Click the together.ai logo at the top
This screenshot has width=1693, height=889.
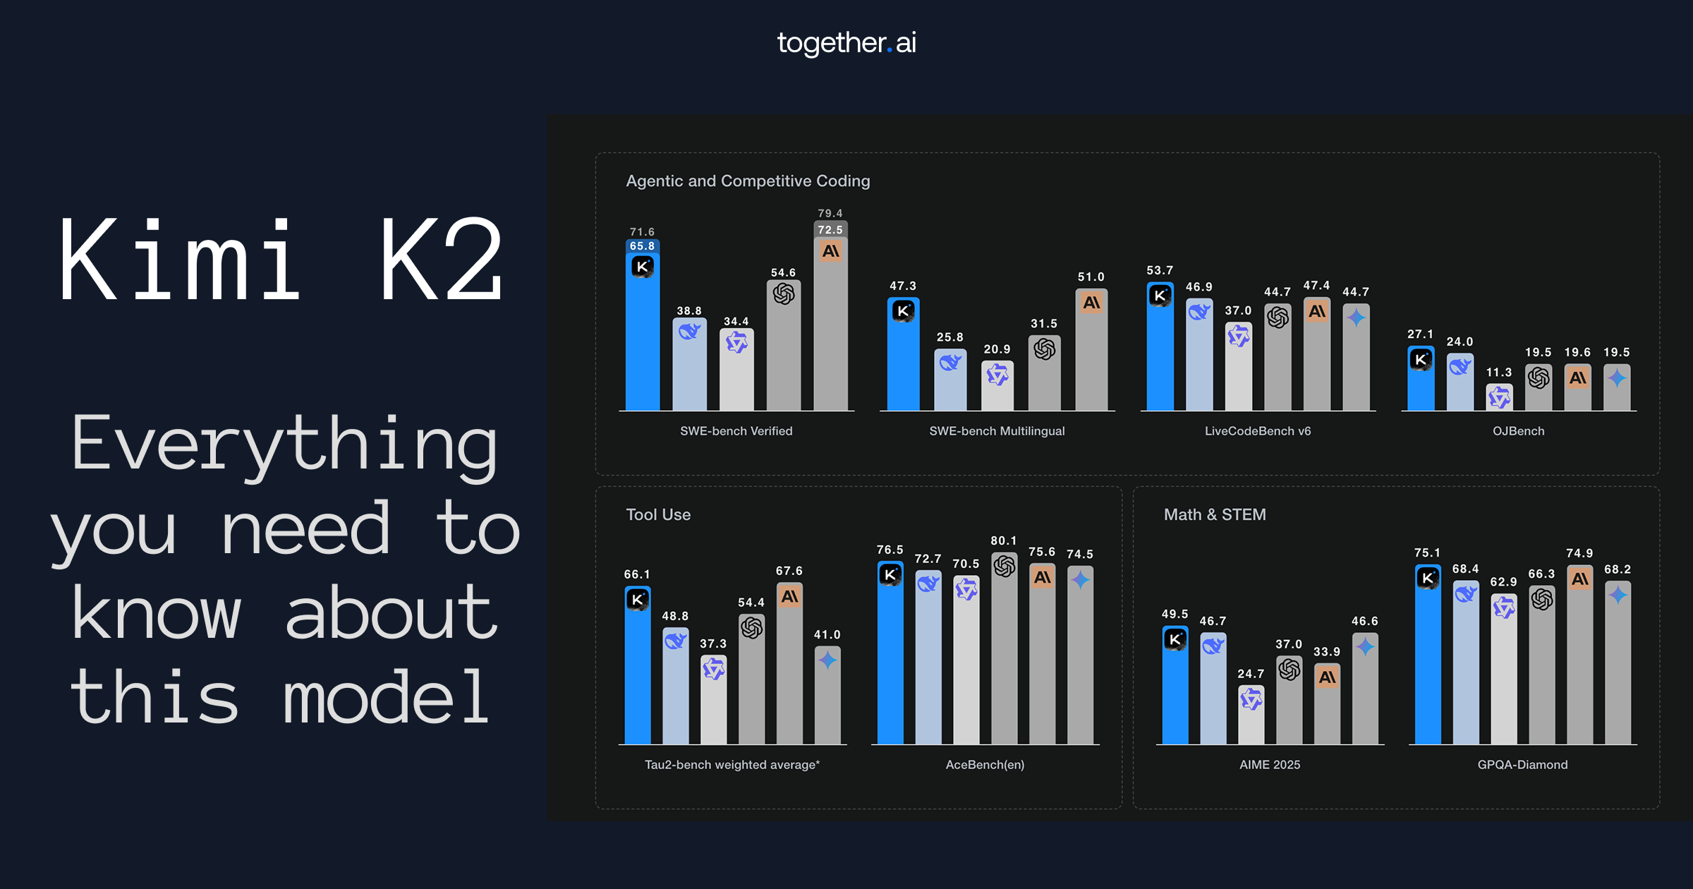[846, 43]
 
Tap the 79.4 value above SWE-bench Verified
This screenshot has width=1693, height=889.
[830, 213]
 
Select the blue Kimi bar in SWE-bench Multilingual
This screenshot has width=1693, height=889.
[903, 353]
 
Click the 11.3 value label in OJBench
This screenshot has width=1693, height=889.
[1499, 372]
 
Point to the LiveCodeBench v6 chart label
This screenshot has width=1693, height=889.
[1258, 431]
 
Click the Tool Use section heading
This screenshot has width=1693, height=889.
[658, 514]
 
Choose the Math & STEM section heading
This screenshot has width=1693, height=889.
[1215, 514]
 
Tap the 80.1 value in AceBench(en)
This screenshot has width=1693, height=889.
[1004, 540]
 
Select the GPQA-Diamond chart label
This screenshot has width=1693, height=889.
[1523, 765]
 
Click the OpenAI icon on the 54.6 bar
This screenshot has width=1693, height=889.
[784, 294]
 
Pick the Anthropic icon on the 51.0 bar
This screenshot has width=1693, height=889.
[1091, 303]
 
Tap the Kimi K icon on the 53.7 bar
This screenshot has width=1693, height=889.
[1160, 296]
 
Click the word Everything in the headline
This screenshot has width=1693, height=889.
[284, 445]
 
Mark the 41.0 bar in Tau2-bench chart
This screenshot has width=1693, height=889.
[827, 695]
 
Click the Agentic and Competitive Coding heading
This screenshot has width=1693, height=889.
[748, 181]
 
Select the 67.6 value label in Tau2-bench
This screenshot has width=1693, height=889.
[789, 571]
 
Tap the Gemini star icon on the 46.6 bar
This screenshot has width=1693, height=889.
[1365, 646]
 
